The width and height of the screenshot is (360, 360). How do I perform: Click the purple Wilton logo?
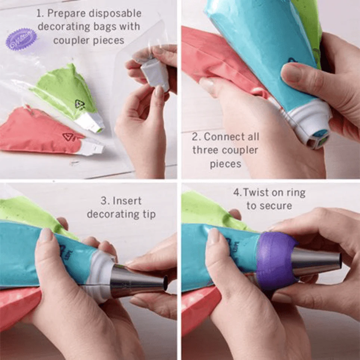(21, 39)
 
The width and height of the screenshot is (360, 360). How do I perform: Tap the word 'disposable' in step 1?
(115, 13)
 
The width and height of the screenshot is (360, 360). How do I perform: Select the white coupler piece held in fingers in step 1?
(155, 74)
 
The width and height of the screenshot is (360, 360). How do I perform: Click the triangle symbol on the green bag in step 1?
(80, 105)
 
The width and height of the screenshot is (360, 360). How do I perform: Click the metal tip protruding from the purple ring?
(317, 262)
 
